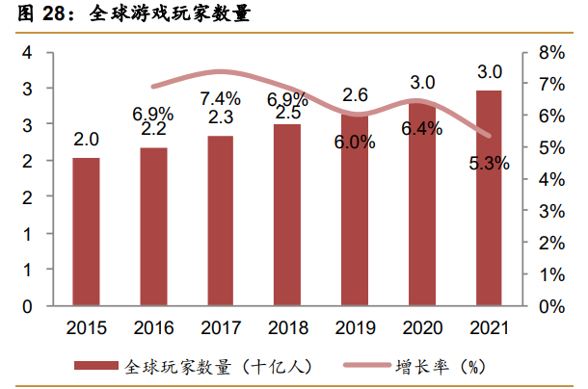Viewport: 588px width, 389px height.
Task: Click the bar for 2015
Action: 86,231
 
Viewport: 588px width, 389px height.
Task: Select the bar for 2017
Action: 220,220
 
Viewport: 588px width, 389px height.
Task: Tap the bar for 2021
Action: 489,198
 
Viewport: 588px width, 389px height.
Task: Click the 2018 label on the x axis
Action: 287,327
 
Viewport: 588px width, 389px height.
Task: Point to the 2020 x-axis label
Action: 421,327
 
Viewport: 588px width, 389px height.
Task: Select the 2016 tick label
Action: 152,327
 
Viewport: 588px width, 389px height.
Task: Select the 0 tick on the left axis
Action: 26,306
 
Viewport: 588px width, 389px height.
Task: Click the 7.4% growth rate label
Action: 220,97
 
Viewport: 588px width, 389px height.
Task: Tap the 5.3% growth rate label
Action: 489,163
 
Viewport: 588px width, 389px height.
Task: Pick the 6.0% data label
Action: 354,143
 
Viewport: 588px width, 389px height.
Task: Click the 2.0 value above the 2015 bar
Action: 86,141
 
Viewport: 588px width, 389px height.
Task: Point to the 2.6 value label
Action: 354,94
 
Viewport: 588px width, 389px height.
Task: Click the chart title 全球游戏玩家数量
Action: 160,14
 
